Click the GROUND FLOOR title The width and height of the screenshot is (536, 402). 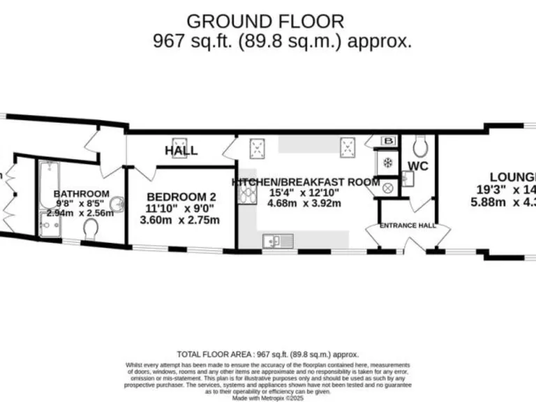point(265,21)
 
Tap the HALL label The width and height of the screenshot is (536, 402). point(181,150)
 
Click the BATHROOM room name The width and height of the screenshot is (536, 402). point(82,193)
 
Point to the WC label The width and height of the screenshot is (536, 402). point(417,166)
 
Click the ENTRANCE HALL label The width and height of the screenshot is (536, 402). point(408,225)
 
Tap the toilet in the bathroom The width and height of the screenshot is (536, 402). point(91,230)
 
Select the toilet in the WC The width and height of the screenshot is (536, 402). point(420,146)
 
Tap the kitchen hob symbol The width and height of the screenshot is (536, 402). point(246,191)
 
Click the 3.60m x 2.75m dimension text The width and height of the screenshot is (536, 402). point(180,220)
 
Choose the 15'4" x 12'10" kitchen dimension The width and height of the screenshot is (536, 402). point(304,193)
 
